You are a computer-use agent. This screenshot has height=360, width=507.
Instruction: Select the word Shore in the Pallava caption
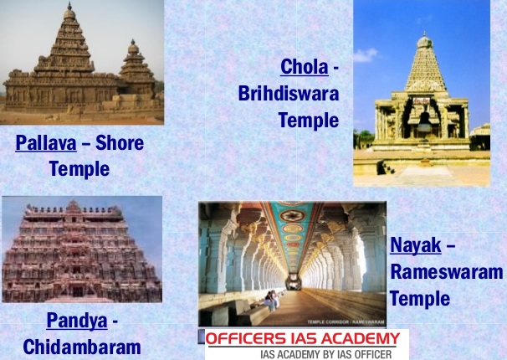pos(120,143)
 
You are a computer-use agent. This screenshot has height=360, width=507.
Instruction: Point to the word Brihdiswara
pos(288,93)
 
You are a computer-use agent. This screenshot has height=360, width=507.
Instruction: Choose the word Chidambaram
pos(82,346)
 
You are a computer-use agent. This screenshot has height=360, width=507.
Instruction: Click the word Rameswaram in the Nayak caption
pos(447,272)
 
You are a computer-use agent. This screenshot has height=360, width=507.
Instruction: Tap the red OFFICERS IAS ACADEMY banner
pos(302,339)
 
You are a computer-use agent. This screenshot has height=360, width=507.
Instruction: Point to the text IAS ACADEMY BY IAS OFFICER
pos(302,354)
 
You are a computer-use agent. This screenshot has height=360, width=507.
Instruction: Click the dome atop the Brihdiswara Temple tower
pos(425,41)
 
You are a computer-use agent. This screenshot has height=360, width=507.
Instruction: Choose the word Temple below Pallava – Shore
pos(79,169)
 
